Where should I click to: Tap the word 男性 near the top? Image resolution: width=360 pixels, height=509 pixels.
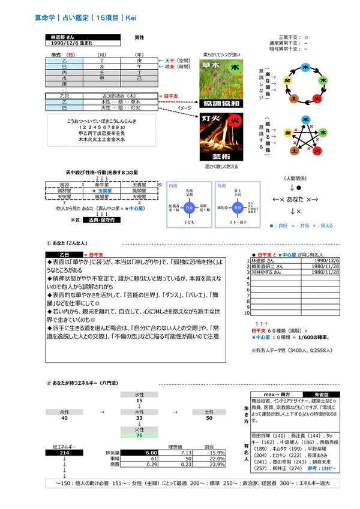point(139,37)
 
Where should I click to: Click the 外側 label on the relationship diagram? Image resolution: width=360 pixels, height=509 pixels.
point(221,186)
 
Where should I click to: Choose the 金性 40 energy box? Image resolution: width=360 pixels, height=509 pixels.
point(64,415)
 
